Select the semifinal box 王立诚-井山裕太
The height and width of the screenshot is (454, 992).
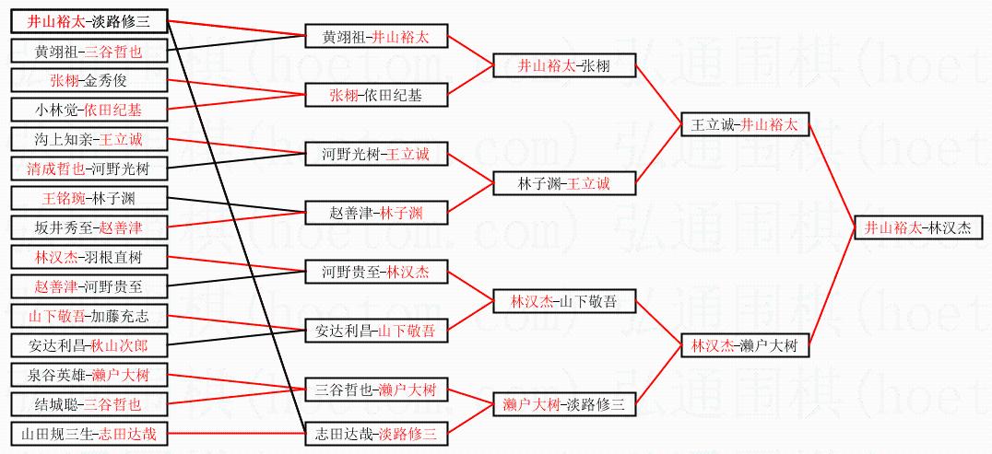click(x=744, y=124)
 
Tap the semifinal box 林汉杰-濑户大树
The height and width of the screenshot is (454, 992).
click(x=744, y=346)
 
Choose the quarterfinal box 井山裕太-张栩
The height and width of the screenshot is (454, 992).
click(x=563, y=65)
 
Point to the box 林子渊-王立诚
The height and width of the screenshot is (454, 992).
click(x=563, y=183)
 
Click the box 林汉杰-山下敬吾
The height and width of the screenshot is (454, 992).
click(x=563, y=301)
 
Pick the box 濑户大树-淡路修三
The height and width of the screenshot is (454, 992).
click(x=563, y=403)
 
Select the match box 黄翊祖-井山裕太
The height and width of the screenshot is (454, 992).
click(x=376, y=37)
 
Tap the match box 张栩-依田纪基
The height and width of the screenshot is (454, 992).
click(x=376, y=95)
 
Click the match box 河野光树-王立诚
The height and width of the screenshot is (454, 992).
click(x=376, y=154)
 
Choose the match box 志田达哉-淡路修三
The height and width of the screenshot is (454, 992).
click(x=376, y=433)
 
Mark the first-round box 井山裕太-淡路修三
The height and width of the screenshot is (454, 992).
click(x=89, y=21)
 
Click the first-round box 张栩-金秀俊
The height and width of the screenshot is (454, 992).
click(x=89, y=80)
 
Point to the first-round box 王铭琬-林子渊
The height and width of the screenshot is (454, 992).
click(x=89, y=198)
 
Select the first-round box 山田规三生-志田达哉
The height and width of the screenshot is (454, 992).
click(x=89, y=433)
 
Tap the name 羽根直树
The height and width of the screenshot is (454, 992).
click(x=116, y=257)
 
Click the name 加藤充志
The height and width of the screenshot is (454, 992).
click(x=116, y=316)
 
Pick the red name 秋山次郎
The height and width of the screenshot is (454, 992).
click(x=116, y=345)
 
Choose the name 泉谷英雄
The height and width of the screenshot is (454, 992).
click(x=63, y=375)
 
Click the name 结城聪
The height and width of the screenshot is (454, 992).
click(x=55, y=403)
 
